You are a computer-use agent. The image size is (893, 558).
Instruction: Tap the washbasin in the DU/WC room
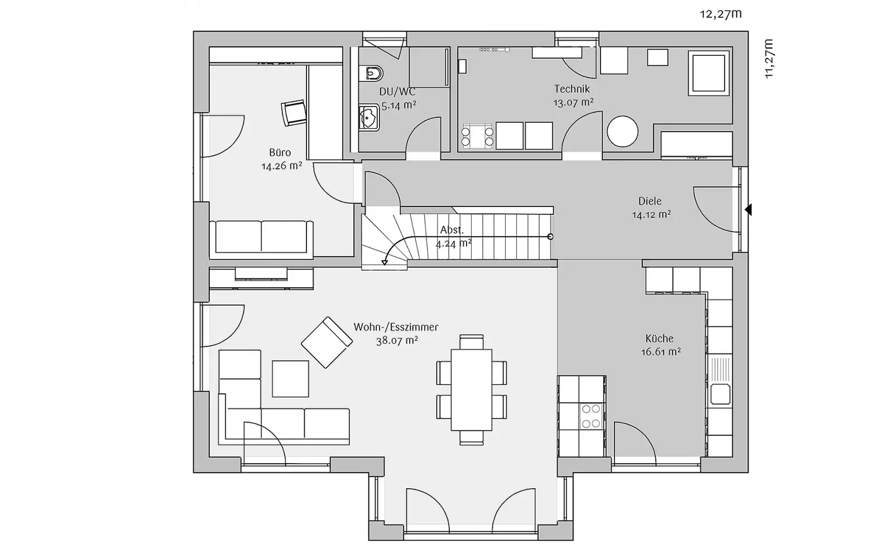[x=369, y=118]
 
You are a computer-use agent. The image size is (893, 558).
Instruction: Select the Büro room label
[x=280, y=152]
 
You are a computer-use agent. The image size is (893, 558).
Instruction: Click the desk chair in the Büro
[x=294, y=112]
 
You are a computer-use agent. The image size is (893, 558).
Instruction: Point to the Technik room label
[x=572, y=89]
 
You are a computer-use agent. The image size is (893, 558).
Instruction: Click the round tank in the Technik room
[x=622, y=131]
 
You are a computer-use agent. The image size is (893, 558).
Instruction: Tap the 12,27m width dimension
[x=721, y=14]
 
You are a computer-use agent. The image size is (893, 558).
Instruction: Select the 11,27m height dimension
[x=769, y=59]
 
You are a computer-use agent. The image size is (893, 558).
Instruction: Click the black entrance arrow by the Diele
[x=748, y=210]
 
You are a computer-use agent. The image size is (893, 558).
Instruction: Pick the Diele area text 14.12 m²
[x=651, y=215]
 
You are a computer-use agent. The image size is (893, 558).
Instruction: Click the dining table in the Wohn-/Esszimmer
[x=471, y=390]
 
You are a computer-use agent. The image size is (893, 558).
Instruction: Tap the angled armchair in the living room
[x=327, y=343]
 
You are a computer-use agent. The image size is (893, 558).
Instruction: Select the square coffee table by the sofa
[x=290, y=379]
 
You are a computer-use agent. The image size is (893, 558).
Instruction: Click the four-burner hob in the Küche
[x=591, y=416]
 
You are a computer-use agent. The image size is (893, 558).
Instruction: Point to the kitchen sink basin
[x=720, y=394]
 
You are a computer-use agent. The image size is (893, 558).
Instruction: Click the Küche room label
[x=659, y=338]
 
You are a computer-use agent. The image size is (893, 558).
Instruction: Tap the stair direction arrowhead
[x=385, y=262]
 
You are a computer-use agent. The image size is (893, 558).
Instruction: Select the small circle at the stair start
[x=550, y=237]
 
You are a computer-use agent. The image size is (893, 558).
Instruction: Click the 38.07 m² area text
[x=397, y=341]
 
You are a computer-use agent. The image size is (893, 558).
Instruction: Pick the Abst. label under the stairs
[x=452, y=230]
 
